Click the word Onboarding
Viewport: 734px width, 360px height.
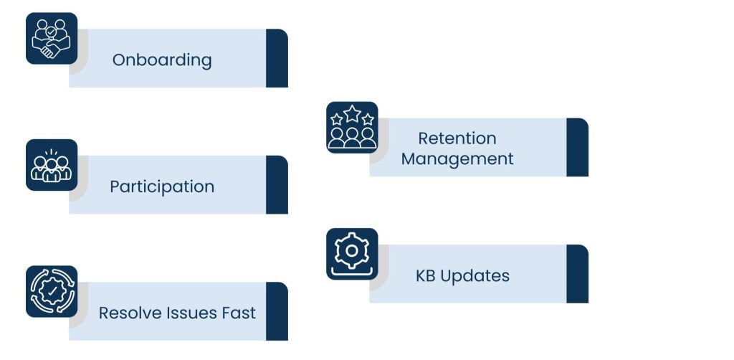click(162, 60)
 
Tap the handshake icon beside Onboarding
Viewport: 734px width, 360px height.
click(52, 39)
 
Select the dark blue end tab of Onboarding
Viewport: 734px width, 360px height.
click(277, 58)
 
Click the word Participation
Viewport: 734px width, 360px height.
click(162, 187)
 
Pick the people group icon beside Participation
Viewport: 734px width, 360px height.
click(52, 166)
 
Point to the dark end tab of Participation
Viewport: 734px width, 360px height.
click(277, 185)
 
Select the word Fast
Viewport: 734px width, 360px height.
click(239, 313)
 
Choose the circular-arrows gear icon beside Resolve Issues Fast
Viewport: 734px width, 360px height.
click(52, 292)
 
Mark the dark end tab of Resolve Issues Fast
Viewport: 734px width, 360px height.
click(277, 311)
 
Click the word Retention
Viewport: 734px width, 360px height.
click(457, 138)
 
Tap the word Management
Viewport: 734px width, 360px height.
click(457, 159)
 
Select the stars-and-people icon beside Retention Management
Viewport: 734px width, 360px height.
click(352, 128)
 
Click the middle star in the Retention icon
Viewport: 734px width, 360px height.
click(352, 113)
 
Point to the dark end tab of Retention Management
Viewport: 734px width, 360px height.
click(577, 147)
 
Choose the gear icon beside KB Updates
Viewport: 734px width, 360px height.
click(352, 254)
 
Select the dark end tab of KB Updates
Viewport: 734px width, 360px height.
click(577, 274)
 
